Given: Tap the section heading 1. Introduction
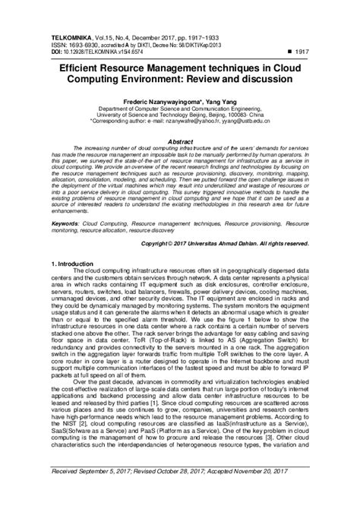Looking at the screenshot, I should click(x=77, y=262).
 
